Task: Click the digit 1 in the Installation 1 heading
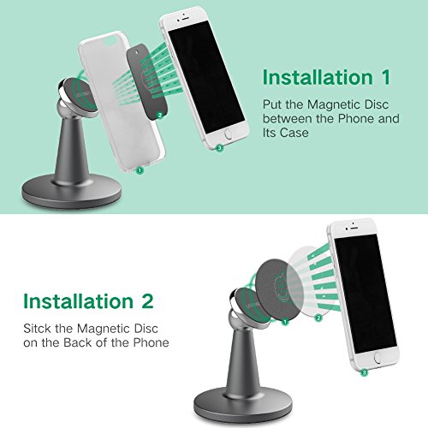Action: click(x=386, y=77)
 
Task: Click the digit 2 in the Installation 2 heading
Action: click(x=147, y=301)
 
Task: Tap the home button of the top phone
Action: click(x=229, y=134)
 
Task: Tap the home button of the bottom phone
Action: click(x=379, y=358)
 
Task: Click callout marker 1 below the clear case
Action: click(x=140, y=170)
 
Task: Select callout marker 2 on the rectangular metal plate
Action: click(x=160, y=115)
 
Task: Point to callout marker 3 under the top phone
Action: click(x=219, y=148)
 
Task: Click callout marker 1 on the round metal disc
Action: click(x=285, y=322)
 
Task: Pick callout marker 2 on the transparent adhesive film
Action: click(x=318, y=318)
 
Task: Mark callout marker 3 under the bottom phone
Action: click(x=364, y=372)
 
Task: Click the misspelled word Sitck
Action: click(x=38, y=329)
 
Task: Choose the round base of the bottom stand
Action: click(x=243, y=405)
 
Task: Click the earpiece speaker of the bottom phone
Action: click(x=354, y=228)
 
